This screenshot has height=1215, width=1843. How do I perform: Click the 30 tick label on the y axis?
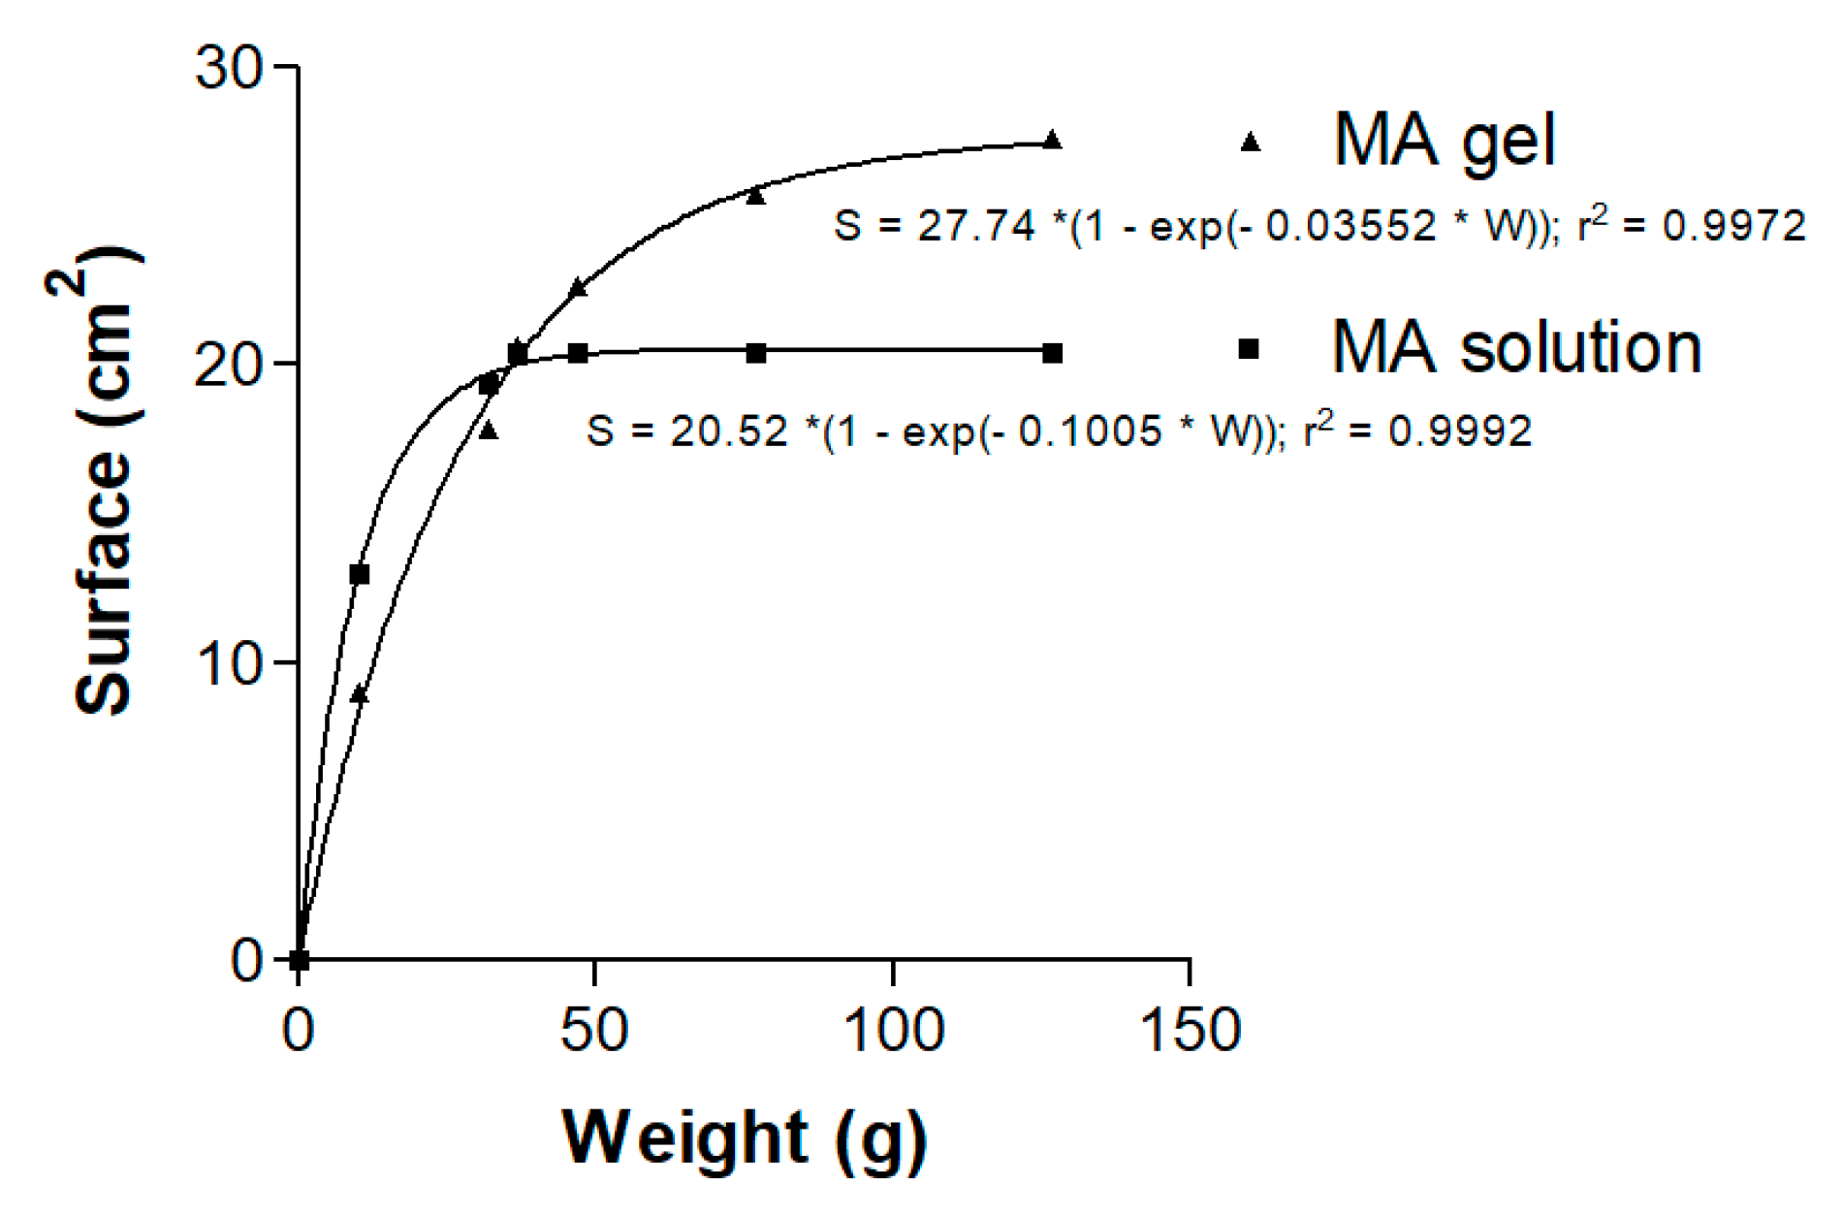pyautogui.click(x=230, y=69)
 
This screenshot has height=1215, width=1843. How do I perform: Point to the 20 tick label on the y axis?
pyautogui.click(x=230, y=366)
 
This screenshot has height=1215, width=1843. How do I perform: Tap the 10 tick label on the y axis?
pyautogui.click(x=230, y=664)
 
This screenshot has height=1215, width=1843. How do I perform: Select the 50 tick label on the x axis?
pyautogui.click(x=594, y=1030)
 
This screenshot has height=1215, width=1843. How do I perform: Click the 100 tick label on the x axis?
pyautogui.click(x=893, y=1030)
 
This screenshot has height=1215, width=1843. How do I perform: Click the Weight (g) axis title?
pyautogui.click(x=745, y=1137)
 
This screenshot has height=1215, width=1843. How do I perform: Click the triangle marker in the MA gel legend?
pyautogui.click(x=1251, y=143)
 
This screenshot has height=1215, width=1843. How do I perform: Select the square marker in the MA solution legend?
pyautogui.click(x=1250, y=349)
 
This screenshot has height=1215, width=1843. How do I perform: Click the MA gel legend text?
pyautogui.click(x=1445, y=142)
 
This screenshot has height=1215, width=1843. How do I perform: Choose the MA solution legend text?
pyautogui.click(x=1516, y=347)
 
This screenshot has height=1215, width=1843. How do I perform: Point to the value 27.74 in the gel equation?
pyautogui.click(x=975, y=227)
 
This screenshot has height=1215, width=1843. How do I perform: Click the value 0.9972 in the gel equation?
pyautogui.click(x=1733, y=227)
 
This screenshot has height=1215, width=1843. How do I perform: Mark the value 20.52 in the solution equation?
pyautogui.click(x=728, y=432)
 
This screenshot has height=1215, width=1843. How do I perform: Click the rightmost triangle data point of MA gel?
pyautogui.click(x=1053, y=140)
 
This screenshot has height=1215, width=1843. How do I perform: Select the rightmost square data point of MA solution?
pyautogui.click(x=1053, y=354)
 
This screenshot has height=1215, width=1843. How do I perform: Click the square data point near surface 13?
pyautogui.click(x=360, y=575)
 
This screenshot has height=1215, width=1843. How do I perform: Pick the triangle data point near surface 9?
pyautogui.click(x=360, y=693)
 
